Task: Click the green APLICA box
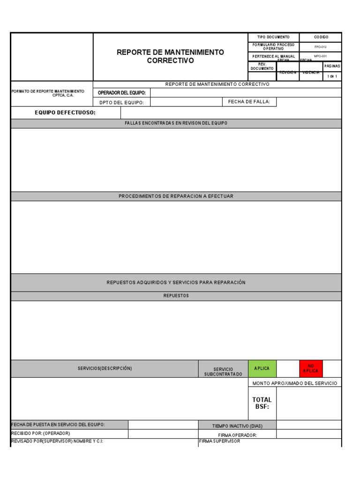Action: point(262,368)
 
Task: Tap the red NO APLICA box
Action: point(310,368)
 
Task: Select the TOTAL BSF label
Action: point(262,403)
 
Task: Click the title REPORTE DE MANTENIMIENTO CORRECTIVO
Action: point(170,56)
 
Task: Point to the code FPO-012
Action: point(321,47)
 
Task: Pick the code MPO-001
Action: point(321,56)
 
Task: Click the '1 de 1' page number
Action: point(332,76)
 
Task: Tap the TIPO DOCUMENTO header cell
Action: point(273,37)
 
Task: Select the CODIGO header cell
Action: point(321,37)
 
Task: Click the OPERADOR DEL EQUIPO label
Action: point(122,93)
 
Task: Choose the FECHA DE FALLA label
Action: point(249,102)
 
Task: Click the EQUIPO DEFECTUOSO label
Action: point(65,112)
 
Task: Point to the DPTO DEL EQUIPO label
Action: point(122,102)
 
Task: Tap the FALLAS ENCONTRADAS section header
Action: point(176,123)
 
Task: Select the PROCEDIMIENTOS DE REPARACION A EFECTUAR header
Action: point(176,196)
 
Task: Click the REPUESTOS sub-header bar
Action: point(176,296)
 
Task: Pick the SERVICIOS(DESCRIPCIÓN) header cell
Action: point(105,368)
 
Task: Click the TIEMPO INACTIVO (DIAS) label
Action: point(237,426)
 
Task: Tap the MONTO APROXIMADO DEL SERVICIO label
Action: point(294,383)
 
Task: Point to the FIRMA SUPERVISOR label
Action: point(220,441)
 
